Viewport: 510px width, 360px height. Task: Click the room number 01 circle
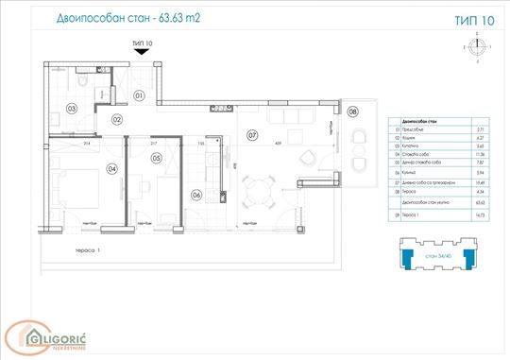click(138, 95)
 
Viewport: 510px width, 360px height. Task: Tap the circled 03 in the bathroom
click(72, 109)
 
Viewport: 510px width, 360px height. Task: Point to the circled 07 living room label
click(252, 133)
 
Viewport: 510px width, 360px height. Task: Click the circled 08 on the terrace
click(353, 111)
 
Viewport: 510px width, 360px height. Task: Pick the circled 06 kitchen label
click(196, 196)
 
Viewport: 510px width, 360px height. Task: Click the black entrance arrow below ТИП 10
click(143, 55)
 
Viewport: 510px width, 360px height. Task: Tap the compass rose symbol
click(478, 44)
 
